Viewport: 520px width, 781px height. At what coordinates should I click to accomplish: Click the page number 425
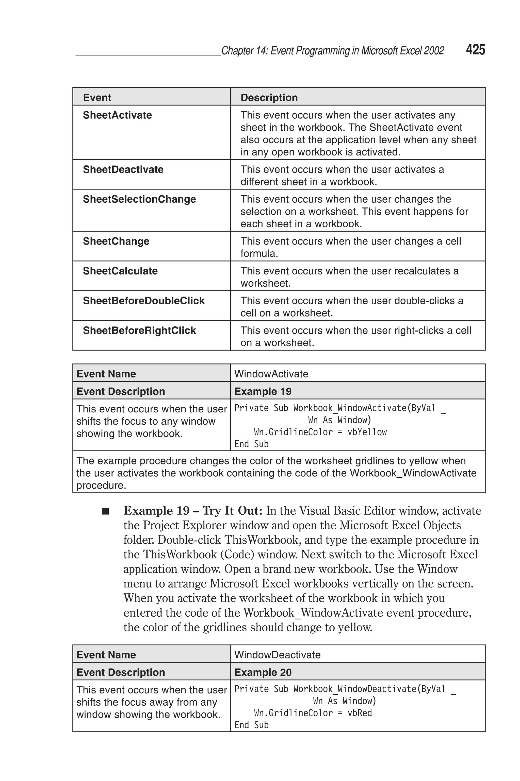point(475,50)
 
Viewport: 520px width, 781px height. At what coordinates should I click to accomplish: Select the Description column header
point(269,98)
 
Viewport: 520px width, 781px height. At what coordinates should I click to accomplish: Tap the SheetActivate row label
point(117,115)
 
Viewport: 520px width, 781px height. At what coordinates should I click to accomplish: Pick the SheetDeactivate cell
point(123,170)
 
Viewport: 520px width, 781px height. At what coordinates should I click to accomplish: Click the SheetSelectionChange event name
point(139,199)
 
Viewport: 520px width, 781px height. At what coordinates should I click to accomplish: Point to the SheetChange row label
point(116,241)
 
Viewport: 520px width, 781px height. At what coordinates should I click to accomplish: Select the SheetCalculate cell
point(120,271)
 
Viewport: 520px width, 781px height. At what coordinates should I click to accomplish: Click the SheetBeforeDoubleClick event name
point(144,301)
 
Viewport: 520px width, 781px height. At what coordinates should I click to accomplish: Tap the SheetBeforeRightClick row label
point(139,331)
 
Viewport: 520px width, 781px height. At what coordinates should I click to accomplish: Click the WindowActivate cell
point(271,374)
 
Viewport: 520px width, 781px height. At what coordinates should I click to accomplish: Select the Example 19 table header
point(263,391)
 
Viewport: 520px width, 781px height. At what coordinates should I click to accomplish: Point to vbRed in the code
point(360,713)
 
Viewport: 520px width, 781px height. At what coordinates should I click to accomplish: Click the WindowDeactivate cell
point(277,655)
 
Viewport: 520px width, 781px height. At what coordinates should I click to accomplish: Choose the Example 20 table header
point(263,672)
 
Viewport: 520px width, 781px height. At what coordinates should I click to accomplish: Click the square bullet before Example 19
point(105,511)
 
